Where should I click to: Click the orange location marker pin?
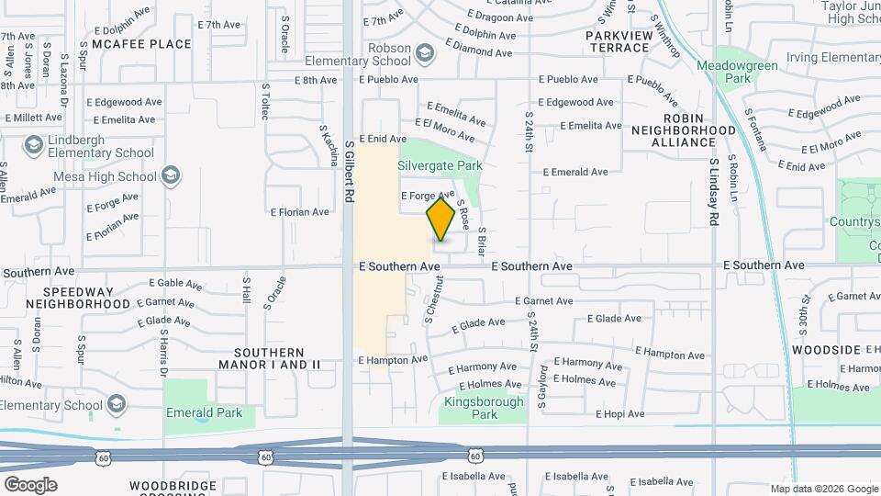(x=441, y=219)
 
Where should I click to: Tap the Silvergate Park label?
(x=440, y=166)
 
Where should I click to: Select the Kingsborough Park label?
(x=483, y=408)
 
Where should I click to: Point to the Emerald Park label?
(x=204, y=413)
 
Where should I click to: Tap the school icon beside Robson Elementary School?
(x=424, y=55)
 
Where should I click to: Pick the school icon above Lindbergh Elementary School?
(x=34, y=145)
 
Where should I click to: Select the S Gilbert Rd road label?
(x=350, y=171)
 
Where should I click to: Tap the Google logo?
(x=30, y=485)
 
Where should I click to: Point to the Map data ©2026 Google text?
(x=823, y=489)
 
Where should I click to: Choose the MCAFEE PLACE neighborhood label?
(x=135, y=43)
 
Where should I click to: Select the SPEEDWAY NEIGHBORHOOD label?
(x=78, y=296)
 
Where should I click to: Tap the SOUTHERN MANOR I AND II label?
(x=268, y=358)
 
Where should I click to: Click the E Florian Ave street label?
(x=299, y=211)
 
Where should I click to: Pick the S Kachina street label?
(x=328, y=145)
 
